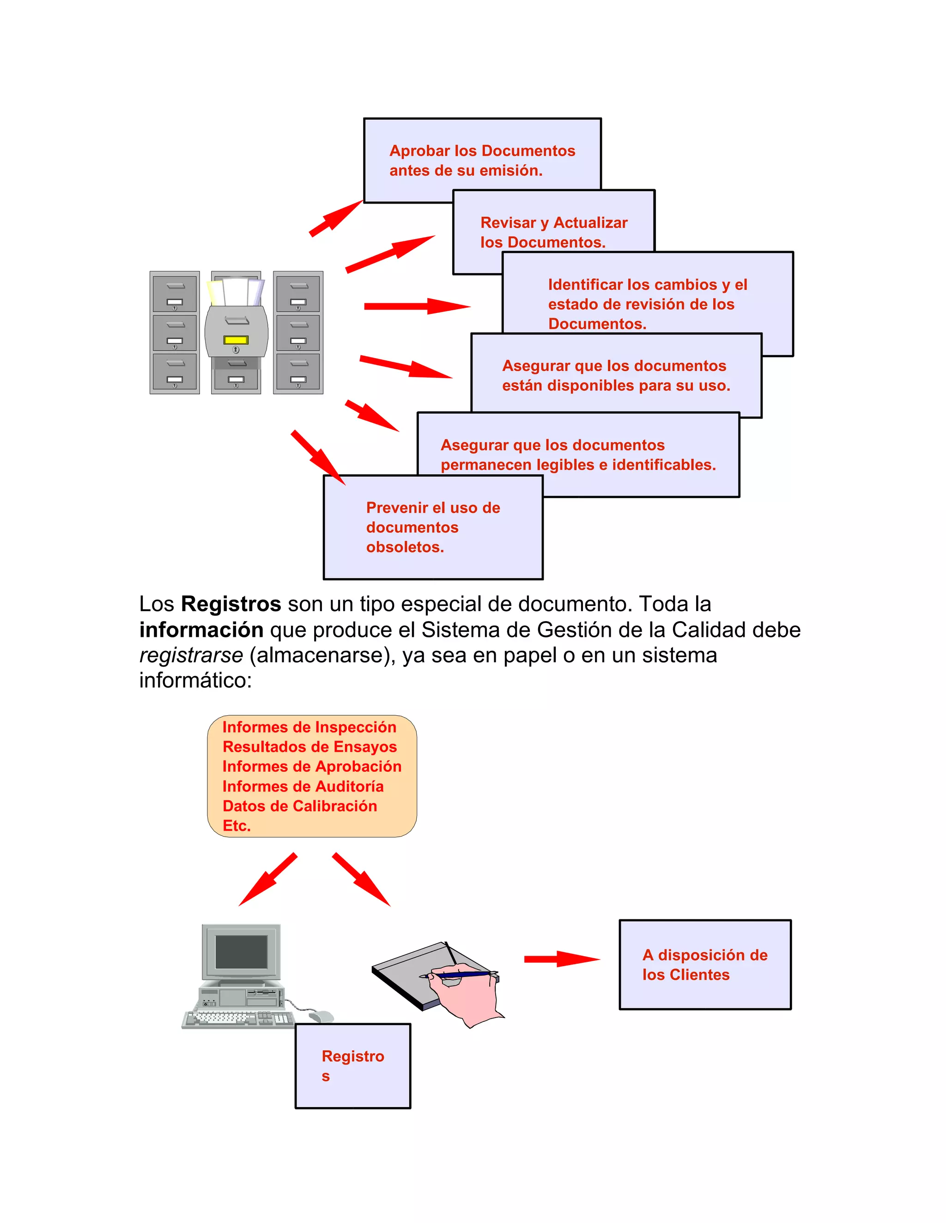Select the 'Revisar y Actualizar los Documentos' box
(x=554, y=231)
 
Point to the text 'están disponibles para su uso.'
(x=616, y=385)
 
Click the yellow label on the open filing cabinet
(x=236, y=340)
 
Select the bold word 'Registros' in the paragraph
(x=230, y=604)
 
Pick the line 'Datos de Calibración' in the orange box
(x=299, y=806)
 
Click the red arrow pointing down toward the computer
(x=268, y=879)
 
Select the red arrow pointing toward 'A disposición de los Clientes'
(x=562, y=959)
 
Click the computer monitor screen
(x=241, y=952)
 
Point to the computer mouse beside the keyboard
(x=321, y=1016)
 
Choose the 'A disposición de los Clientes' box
(x=705, y=965)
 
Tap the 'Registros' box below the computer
(x=352, y=1066)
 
